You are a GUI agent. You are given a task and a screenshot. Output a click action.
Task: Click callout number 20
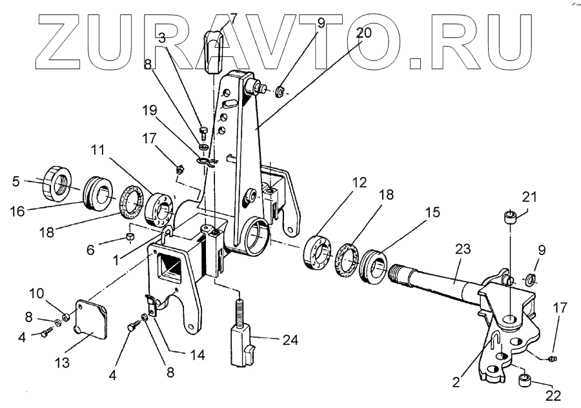point(363,33)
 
